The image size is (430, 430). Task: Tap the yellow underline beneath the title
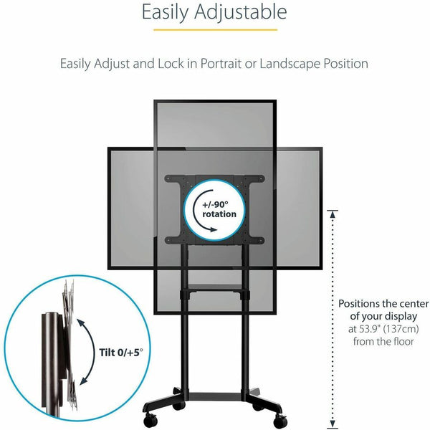214,30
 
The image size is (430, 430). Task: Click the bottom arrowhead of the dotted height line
333,424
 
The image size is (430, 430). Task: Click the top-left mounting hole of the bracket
170,177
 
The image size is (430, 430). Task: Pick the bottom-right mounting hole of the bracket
260,239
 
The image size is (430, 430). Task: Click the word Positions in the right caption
362,303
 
